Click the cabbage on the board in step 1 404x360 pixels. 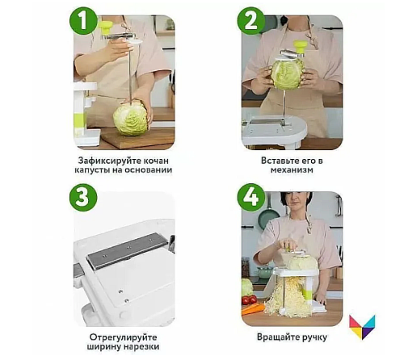(x=130, y=118)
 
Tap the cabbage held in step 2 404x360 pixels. (x=288, y=73)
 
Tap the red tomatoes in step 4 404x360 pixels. (x=249, y=300)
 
